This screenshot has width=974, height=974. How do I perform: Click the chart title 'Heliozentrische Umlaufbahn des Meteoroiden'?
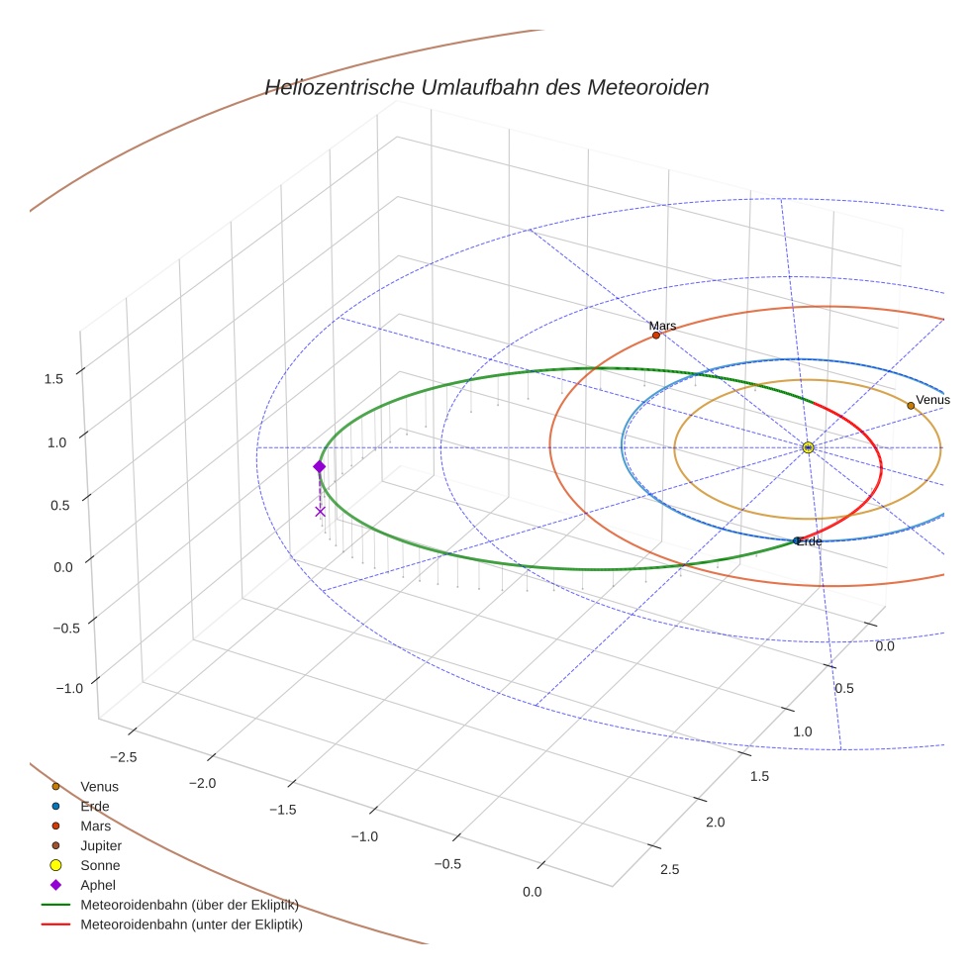pos(486,88)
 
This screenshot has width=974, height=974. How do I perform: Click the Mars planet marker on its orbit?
pos(655,336)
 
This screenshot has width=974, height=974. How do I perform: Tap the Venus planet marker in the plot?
pos(911,405)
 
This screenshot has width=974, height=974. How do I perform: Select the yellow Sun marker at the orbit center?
pos(808,447)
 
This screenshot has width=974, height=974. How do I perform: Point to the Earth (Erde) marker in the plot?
pos(797,540)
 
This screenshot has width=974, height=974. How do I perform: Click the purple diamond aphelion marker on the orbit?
pos(319,466)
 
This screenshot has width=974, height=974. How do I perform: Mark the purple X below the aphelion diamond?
pos(320,511)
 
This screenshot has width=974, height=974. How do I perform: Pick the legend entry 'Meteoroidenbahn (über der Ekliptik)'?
pos(189,905)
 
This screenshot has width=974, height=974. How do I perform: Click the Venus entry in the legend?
pos(99,786)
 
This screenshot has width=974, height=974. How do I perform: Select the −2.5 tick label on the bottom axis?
pos(122,757)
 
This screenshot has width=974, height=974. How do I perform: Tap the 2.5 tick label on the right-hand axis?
pos(669,870)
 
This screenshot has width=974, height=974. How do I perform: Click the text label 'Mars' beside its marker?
pos(662,325)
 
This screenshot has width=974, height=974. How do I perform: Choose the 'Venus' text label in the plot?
pos(932,400)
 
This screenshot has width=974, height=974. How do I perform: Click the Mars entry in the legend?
pos(95,826)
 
